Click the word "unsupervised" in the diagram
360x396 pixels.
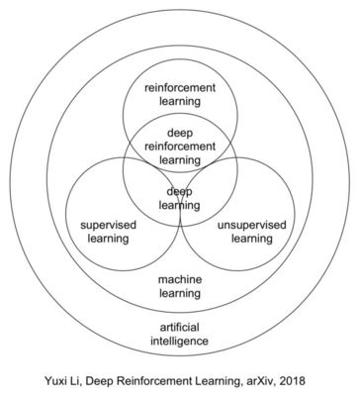[x=252, y=225]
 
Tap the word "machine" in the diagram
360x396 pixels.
[x=180, y=279]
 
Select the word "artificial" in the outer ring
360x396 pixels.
[x=180, y=328]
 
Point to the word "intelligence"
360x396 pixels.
[x=180, y=341]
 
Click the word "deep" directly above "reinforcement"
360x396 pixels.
[x=180, y=133]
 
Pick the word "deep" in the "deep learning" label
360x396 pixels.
[x=180, y=192]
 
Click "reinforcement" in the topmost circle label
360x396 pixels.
[x=180, y=88]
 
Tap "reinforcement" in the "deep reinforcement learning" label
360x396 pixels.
[x=180, y=147]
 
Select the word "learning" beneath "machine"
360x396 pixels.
[x=180, y=293]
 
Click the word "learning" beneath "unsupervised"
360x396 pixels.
[x=252, y=239]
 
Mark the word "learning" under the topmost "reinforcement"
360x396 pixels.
[x=180, y=101]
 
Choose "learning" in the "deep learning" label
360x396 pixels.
[x=180, y=205]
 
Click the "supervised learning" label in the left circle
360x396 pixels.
[x=108, y=232]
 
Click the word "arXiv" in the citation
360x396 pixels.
[x=259, y=381]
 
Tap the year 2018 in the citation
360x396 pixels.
[x=292, y=381]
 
